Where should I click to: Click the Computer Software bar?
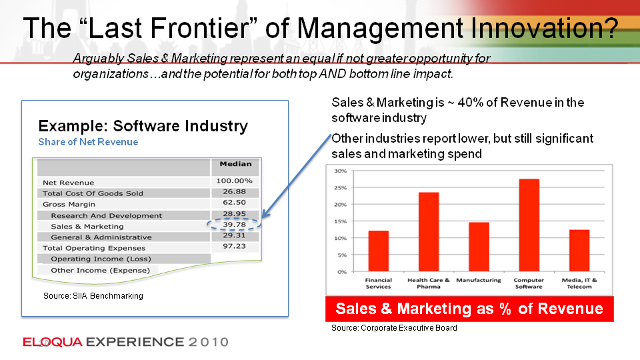(529, 225)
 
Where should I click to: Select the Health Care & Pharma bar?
(429, 232)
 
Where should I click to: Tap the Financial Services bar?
(379, 251)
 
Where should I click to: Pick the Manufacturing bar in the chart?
(479, 247)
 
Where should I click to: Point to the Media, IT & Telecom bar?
(579, 251)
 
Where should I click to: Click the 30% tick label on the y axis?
(341, 171)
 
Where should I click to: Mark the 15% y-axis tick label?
(341, 221)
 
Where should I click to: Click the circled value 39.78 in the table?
(234, 225)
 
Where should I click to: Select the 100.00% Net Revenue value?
(234, 181)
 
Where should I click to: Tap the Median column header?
(235, 164)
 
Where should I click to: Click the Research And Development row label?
(106, 215)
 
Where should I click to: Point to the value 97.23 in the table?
(234, 246)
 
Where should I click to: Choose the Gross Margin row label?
(69, 205)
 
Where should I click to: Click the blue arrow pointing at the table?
(296, 176)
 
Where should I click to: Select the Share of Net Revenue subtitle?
(88, 142)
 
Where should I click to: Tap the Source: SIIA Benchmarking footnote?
(93, 296)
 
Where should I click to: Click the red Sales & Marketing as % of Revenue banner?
(469, 309)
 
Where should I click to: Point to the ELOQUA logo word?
(53, 342)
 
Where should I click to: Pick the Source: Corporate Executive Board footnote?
(394, 328)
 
